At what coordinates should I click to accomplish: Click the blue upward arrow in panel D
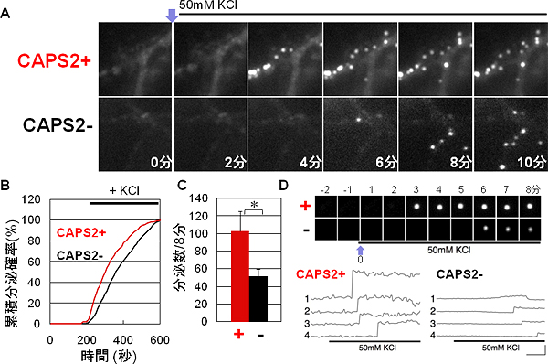click(x=360, y=250)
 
